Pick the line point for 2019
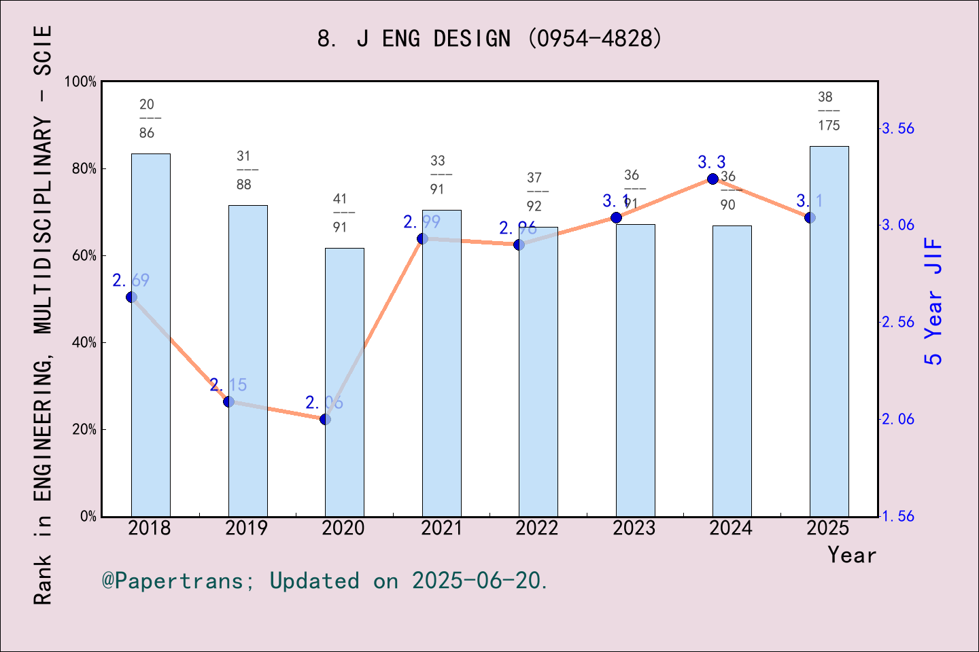click(228, 402)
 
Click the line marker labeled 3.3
click(712, 179)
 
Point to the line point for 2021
click(422, 238)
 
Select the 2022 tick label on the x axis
click(537, 528)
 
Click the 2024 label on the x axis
click(731, 528)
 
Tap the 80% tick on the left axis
click(84, 169)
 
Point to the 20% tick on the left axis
click(84, 430)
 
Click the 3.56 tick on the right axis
click(897, 128)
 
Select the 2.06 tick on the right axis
click(897, 419)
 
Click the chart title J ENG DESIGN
click(489, 39)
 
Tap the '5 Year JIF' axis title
click(933, 301)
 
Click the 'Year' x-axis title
click(851, 556)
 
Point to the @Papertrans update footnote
click(325, 581)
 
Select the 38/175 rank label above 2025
click(828, 111)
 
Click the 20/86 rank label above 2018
click(148, 119)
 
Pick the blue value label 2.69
click(131, 280)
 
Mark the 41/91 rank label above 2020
click(341, 213)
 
